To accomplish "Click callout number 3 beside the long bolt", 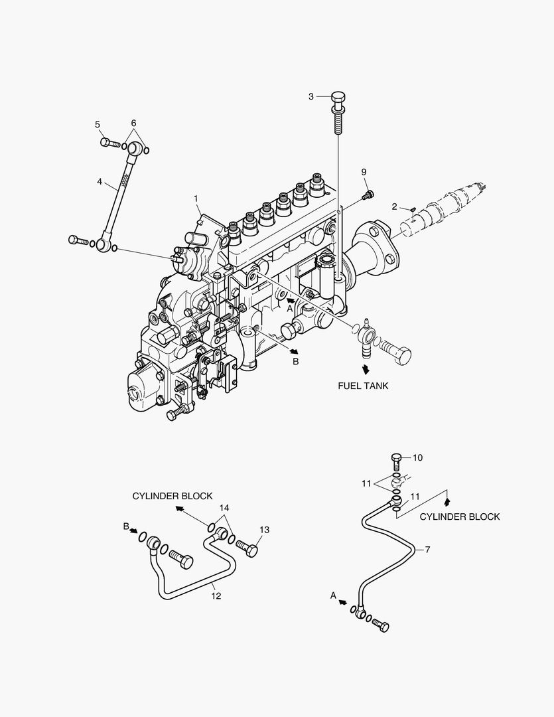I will click(x=311, y=97).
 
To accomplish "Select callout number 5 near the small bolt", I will click(x=98, y=124).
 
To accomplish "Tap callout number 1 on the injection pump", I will click(x=196, y=198).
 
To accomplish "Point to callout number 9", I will click(x=364, y=173).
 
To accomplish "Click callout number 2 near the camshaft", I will click(x=394, y=207).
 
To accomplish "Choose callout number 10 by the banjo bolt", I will click(x=417, y=457).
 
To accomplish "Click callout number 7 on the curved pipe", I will click(x=427, y=550).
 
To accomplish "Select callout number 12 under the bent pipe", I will click(x=216, y=596).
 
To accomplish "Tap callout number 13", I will click(x=265, y=530).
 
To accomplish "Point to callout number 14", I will click(x=226, y=508).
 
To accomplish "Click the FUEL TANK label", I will click(x=363, y=385).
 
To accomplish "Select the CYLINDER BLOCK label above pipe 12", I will click(x=173, y=496).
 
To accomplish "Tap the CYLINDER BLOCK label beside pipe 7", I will click(x=460, y=517).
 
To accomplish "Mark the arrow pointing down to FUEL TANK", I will click(x=364, y=369).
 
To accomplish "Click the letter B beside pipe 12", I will click(x=125, y=527).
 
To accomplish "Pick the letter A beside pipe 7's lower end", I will click(x=334, y=596).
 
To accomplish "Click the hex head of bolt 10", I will click(x=396, y=457).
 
